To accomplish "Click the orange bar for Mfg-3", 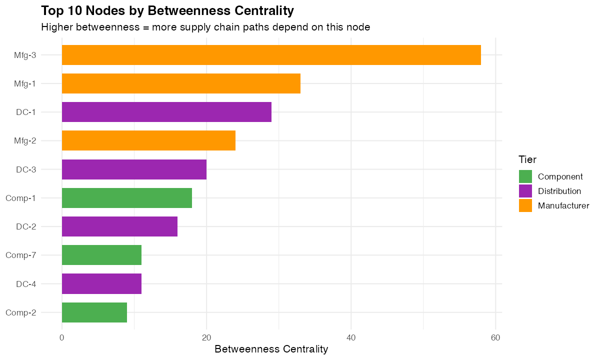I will pyautogui.click(x=271, y=55).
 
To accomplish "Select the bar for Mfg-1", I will pyautogui.click(x=181, y=83).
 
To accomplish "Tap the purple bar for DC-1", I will pyautogui.click(x=166, y=112).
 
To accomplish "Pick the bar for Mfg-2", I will pyautogui.click(x=148, y=140).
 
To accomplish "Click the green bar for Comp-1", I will pyautogui.click(x=127, y=198).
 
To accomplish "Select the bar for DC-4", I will pyautogui.click(x=101, y=284).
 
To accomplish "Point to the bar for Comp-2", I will pyautogui.click(x=94, y=312).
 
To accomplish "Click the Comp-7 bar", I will pyautogui.click(x=101, y=255).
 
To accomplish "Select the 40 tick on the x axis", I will pyautogui.click(x=351, y=337).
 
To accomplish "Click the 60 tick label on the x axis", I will pyautogui.click(x=495, y=337).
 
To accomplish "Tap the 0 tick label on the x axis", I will pyautogui.click(x=62, y=337).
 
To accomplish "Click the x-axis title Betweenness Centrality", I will pyautogui.click(x=271, y=349).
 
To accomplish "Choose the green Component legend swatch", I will pyautogui.click(x=525, y=176).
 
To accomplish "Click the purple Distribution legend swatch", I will pyautogui.click(x=525, y=191).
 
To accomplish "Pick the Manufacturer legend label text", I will pyautogui.click(x=563, y=205).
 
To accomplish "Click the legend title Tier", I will pyautogui.click(x=527, y=160).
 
